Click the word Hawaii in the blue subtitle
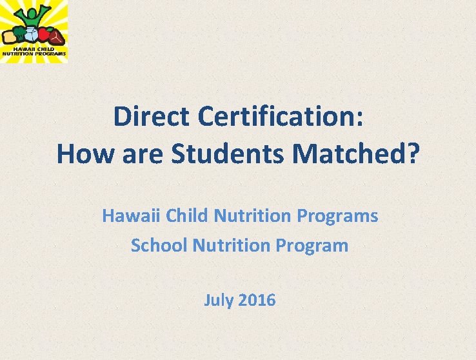(132, 215)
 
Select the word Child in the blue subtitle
(187, 215)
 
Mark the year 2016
(257, 300)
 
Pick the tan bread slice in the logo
(8, 36)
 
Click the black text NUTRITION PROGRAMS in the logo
(34, 54)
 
